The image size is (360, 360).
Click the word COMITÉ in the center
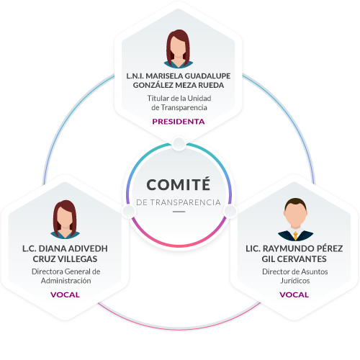tap(179, 184)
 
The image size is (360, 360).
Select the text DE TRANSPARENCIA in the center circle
tap(179, 202)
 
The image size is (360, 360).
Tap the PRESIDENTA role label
tap(179, 122)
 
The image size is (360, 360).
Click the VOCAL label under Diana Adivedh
tap(65, 294)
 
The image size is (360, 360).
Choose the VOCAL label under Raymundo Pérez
tap(294, 294)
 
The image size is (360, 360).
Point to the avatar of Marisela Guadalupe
tap(179, 49)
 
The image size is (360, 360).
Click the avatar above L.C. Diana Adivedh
tap(65, 220)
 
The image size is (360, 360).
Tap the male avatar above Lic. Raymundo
tap(295, 220)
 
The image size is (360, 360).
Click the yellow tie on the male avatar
tap(295, 235)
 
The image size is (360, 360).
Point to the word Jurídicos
tap(295, 281)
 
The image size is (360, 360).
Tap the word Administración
tap(66, 281)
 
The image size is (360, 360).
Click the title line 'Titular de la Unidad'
tap(179, 98)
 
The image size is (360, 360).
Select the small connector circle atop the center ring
tap(179, 144)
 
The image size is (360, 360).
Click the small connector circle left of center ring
tap(129, 211)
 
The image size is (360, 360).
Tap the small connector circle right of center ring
tap(230, 211)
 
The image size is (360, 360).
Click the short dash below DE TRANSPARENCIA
tap(179, 212)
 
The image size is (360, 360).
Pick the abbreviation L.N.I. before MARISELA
tap(135, 76)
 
